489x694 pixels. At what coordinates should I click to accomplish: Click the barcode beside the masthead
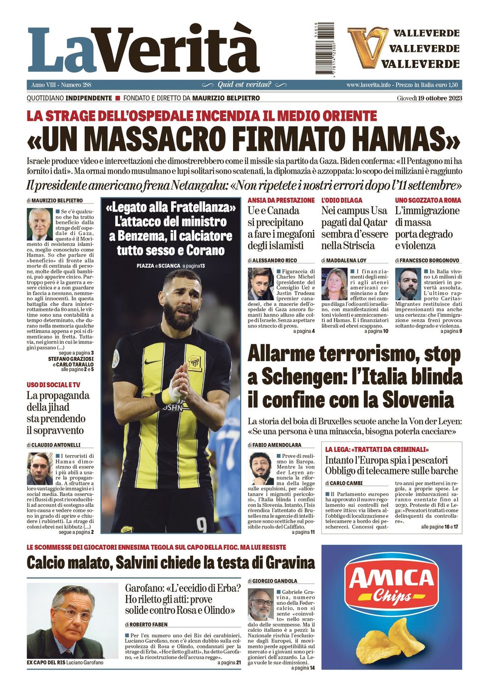coord(325,48)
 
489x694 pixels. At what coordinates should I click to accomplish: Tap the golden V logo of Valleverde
coord(368,47)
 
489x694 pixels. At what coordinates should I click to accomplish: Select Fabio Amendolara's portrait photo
coord(260,469)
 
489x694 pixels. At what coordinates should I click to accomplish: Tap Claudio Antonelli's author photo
coord(40,469)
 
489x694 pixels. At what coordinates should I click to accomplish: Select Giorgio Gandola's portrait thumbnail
coord(260,605)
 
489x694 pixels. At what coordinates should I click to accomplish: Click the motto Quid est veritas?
coord(244,85)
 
